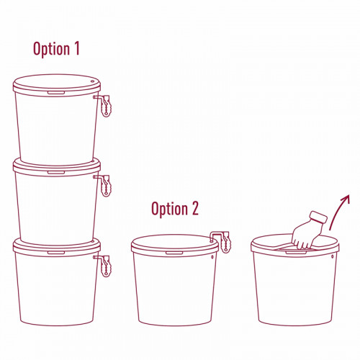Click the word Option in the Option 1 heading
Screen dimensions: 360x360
[x=51, y=49]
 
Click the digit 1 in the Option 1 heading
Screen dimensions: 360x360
[x=76, y=48]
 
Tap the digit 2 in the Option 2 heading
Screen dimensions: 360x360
[x=195, y=208]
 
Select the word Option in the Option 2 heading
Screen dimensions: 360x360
[x=169, y=209]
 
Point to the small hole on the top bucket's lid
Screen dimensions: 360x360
[x=93, y=81]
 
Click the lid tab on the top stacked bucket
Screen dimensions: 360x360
[x=56, y=93]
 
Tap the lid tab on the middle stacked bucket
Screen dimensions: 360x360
[x=56, y=172]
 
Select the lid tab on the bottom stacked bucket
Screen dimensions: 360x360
[x=56, y=253]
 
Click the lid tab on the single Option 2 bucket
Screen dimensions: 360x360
[x=174, y=253]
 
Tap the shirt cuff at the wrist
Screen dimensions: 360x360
[x=318, y=218]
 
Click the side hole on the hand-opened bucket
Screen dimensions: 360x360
[x=333, y=256]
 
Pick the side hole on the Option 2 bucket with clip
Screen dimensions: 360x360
[x=212, y=257]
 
